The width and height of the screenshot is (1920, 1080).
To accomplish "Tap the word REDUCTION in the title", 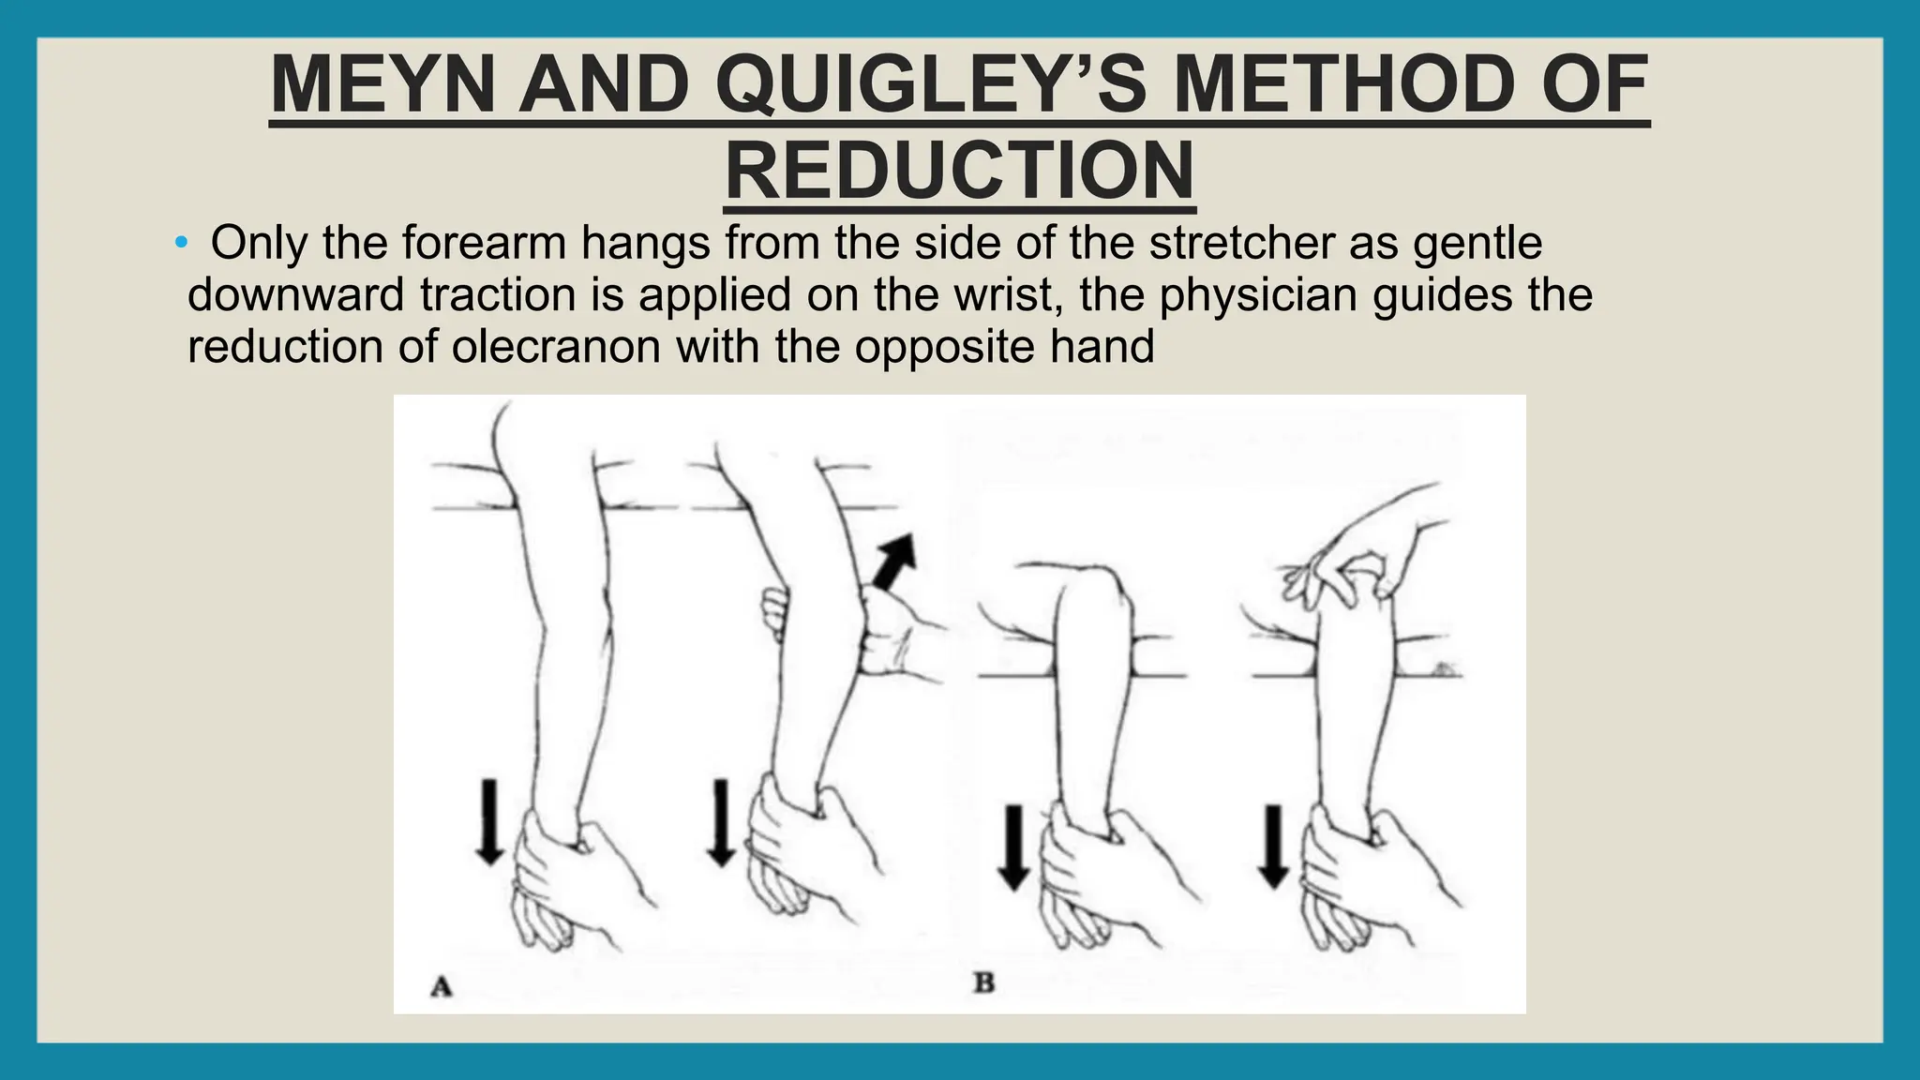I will pos(959,172).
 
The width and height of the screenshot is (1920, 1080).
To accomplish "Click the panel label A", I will pos(441,986).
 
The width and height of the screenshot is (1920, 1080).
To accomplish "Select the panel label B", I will pos(983,983).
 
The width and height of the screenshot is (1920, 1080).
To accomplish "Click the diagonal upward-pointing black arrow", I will pos(894,560).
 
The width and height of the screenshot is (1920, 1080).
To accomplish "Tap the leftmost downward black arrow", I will pos(488,821).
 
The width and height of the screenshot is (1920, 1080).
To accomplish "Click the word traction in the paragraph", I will pos(498,294).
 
